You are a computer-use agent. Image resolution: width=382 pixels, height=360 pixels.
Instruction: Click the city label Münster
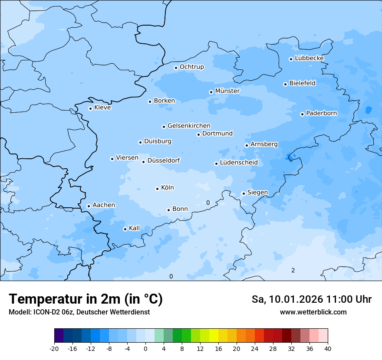pyautogui.click(x=227, y=91)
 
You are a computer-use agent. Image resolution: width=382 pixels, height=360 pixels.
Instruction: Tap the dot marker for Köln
pyautogui.click(x=157, y=188)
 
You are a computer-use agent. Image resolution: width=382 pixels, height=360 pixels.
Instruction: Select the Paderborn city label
pyautogui.click(x=321, y=113)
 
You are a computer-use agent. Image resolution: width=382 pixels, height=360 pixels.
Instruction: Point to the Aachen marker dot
pyautogui.click(x=89, y=206)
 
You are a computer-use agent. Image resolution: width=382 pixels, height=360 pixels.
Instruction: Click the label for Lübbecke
pyautogui.click(x=309, y=58)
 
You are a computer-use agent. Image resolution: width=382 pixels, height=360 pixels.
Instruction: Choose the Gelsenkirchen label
pyautogui.click(x=189, y=126)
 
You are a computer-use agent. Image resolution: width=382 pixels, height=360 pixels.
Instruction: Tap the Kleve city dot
pyautogui.click(x=90, y=108)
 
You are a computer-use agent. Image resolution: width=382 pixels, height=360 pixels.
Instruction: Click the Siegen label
pyautogui.click(x=257, y=193)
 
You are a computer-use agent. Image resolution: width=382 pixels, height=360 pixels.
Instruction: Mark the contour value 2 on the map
pyautogui.click(x=293, y=270)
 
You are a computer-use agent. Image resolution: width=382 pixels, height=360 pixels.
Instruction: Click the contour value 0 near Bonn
pyautogui.click(x=208, y=203)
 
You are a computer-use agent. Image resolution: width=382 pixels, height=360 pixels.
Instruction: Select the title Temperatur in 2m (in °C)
pyautogui.click(x=86, y=299)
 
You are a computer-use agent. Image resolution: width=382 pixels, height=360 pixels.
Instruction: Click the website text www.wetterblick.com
pyautogui.click(x=313, y=312)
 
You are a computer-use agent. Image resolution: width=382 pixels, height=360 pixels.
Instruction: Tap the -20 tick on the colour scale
pyautogui.click(x=54, y=349)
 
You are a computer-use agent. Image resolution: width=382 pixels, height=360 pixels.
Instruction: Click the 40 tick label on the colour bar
pyautogui.click(x=328, y=349)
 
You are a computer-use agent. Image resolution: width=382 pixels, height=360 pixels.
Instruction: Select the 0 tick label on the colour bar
pyautogui.click(x=145, y=349)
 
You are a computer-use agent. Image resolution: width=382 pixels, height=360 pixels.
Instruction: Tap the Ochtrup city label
pyautogui.click(x=191, y=67)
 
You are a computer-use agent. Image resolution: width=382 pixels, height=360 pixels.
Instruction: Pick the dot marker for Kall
pyautogui.click(x=125, y=229)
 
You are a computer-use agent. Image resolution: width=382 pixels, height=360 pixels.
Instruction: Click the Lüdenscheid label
pyautogui.click(x=239, y=163)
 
